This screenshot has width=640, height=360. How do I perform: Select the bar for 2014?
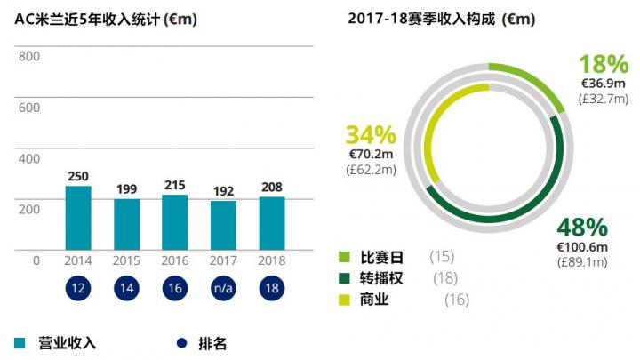78,218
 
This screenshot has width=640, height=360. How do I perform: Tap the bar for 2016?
174,222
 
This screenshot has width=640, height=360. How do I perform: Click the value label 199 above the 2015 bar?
126,188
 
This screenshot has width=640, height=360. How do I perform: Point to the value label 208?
271,187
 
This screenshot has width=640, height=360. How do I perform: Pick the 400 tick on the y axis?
29,158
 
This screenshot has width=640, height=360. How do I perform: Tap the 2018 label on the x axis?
271,261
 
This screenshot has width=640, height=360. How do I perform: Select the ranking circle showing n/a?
223,289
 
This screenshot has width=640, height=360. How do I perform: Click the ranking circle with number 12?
78,289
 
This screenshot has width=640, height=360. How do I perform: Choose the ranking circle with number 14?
126,289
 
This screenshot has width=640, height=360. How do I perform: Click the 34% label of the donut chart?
370,135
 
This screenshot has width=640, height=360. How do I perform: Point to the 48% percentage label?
582,228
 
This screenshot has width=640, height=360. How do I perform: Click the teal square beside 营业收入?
20,342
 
